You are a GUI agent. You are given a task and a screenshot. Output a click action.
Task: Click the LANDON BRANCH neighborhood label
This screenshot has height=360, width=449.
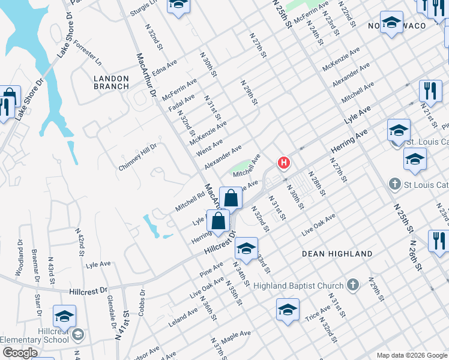tap(112, 82)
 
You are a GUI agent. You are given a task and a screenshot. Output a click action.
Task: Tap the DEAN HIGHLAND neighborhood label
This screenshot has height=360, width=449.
tap(337, 254)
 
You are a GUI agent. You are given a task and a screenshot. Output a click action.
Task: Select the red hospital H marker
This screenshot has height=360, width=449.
tap(283, 163)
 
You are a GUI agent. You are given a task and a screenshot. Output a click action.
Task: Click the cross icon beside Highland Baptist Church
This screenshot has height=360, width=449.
tap(354, 285)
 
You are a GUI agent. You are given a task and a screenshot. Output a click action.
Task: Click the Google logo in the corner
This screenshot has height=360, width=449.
tap(20, 353)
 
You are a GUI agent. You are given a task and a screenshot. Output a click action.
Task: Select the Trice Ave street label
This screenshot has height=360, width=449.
tap(318, 313)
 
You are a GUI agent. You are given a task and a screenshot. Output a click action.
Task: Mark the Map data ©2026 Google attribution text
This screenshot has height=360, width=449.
tap(411, 355)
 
